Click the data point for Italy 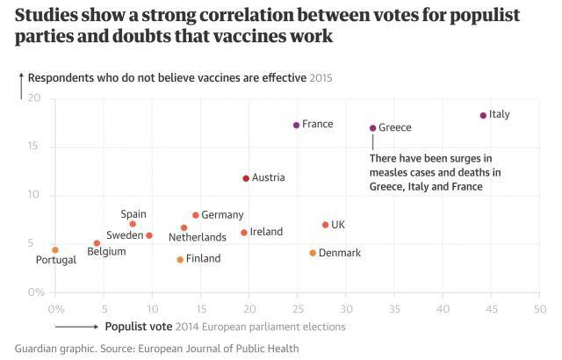click(x=483, y=115)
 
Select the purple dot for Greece click(x=372, y=128)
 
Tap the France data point click(x=296, y=126)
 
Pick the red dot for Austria click(x=246, y=178)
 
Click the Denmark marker click(x=313, y=253)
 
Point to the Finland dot click(x=180, y=259)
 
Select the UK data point click(x=325, y=225)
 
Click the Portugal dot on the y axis click(x=55, y=250)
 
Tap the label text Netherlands click(x=197, y=237)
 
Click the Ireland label click(x=266, y=232)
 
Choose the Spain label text click(x=133, y=214)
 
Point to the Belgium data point click(x=97, y=243)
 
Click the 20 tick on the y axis click(x=34, y=98)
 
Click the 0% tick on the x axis click(x=55, y=309)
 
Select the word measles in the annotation click(x=392, y=172)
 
